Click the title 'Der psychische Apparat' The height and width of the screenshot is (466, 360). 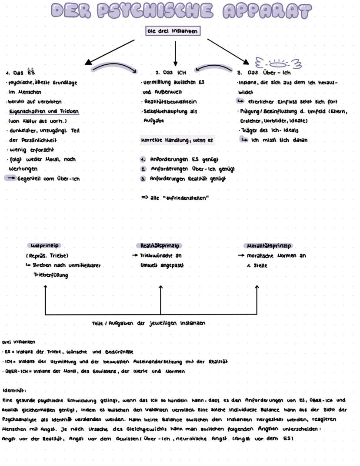[x=181, y=10]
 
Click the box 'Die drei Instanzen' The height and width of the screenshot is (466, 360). [x=173, y=31]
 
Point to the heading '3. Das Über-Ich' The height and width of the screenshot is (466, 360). [x=264, y=73]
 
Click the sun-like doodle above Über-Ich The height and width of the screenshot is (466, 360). [x=278, y=64]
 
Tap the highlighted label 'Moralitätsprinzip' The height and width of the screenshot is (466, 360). [x=269, y=246]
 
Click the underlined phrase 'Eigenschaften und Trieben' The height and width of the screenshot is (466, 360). [x=43, y=111]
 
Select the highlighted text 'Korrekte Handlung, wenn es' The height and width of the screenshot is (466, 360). [x=177, y=141]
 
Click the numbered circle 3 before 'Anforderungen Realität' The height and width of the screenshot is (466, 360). [x=143, y=179]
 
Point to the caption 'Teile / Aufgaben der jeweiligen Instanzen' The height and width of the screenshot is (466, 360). [x=149, y=323]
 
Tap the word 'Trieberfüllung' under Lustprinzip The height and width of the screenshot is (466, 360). [x=51, y=275]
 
